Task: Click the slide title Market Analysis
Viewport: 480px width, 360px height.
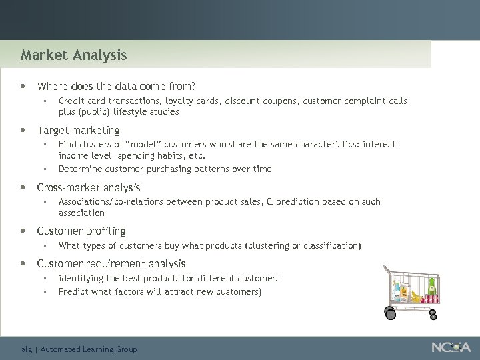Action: pyautogui.click(x=73, y=55)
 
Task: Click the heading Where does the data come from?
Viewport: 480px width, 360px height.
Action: pyautogui.click(x=116, y=86)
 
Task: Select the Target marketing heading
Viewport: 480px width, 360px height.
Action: pyautogui.click(x=78, y=130)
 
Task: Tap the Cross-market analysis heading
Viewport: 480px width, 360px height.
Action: pyautogui.click(x=88, y=187)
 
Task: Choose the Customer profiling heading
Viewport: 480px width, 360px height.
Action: pyautogui.click(x=81, y=231)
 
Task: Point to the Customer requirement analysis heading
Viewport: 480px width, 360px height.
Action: pyautogui.click(x=111, y=264)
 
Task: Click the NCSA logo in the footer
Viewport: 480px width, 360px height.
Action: pyautogui.click(x=451, y=347)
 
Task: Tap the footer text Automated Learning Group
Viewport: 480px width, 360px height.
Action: pyautogui.click(x=89, y=349)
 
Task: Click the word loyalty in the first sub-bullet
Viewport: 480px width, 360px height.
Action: pyautogui.click(x=179, y=101)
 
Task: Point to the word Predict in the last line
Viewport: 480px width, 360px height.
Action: pyautogui.click(x=72, y=291)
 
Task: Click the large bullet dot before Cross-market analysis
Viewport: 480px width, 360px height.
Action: pyautogui.click(x=24, y=188)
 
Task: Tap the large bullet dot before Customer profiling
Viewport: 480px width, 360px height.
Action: pyautogui.click(x=24, y=231)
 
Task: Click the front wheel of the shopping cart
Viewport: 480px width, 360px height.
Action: pyautogui.click(x=389, y=311)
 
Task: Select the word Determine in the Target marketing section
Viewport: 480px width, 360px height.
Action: pyautogui.click(x=79, y=169)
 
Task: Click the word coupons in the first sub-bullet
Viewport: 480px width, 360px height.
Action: pyautogui.click(x=281, y=101)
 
